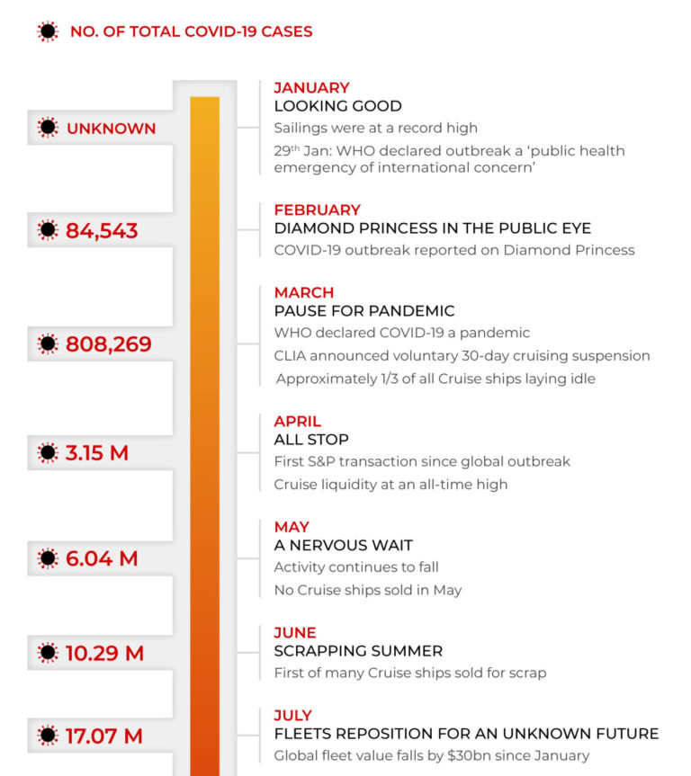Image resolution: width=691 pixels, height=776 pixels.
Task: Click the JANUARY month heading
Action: click(x=311, y=87)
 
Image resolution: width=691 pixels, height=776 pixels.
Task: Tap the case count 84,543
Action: click(x=102, y=231)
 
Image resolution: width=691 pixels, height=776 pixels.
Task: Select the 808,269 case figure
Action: click(x=108, y=344)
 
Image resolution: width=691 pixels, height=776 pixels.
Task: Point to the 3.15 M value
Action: click(x=97, y=452)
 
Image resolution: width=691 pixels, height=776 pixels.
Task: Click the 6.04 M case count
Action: click(x=102, y=558)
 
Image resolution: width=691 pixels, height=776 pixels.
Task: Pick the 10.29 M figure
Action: click(x=104, y=654)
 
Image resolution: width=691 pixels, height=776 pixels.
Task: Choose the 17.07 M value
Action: click(x=103, y=736)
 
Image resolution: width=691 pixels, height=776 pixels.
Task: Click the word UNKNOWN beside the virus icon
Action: click(x=111, y=129)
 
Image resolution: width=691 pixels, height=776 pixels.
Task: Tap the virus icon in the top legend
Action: click(x=48, y=31)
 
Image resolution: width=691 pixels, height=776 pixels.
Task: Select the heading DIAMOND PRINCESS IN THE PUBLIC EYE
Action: click(x=432, y=227)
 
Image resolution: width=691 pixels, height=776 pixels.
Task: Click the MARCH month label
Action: click(x=303, y=292)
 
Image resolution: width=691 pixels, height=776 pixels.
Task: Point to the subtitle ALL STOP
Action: click(x=311, y=440)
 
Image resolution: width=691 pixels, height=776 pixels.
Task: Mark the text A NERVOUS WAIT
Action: click(x=343, y=545)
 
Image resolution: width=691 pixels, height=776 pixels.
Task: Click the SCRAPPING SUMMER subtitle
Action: click(x=358, y=651)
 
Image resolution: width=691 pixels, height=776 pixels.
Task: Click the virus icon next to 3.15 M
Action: click(x=48, y=452)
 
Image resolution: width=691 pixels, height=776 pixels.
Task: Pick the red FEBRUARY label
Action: click(x=317, y=210)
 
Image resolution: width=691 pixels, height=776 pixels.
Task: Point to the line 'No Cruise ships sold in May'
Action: click(x=367, y=590)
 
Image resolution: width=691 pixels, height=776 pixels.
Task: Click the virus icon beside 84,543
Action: click(x=48, y=231)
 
